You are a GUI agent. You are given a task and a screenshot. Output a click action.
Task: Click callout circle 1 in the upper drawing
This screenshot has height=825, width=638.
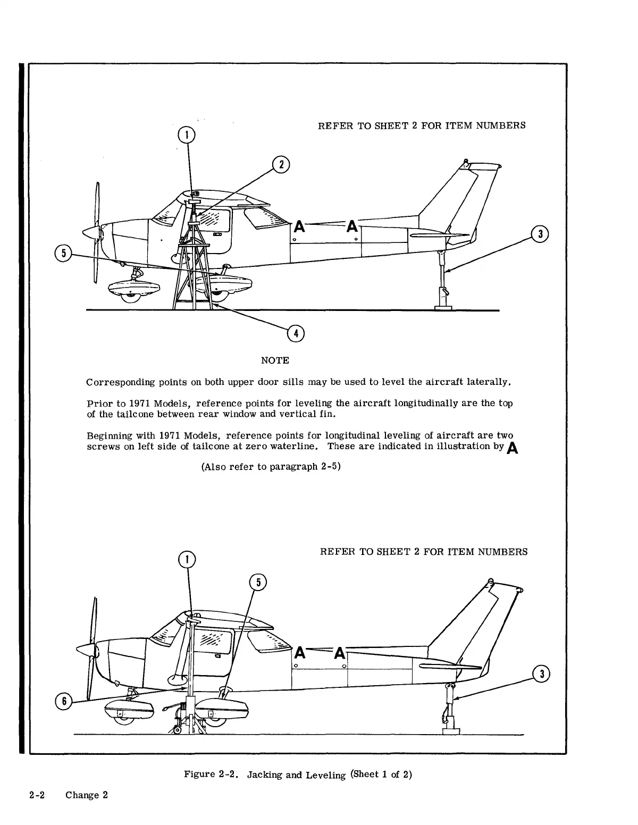pyautogui.click(x=186, y=135)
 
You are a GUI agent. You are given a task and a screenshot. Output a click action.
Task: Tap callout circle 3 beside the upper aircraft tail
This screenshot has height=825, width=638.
pyautogui.click(x=540, y=234)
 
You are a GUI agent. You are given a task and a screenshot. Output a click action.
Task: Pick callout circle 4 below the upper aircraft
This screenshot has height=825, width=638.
pyautogui.click(x=295, y=333)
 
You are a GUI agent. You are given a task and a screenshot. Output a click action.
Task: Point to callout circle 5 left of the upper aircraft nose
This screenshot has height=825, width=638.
pyautogui.click(x=64, y=253)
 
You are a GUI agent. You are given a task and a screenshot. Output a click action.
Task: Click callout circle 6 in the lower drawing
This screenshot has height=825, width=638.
pyautogui.click(x=64, y=701)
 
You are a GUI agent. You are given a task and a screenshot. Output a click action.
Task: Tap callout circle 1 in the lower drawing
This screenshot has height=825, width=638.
pyautogui.click(x=186, y=559)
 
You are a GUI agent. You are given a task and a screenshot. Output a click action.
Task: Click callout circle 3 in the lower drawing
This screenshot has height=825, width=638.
pyautogui.click(x=541, y=675)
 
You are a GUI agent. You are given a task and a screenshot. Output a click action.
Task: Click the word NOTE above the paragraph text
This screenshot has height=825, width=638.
pyautogui.click(x=275, y=360)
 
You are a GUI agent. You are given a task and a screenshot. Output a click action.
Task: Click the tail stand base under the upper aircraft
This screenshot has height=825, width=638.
pyautogui.click(x=443, y=307)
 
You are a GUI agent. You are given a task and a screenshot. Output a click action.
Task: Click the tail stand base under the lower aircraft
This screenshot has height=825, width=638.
pyautogui.click(x=451, y=732)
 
